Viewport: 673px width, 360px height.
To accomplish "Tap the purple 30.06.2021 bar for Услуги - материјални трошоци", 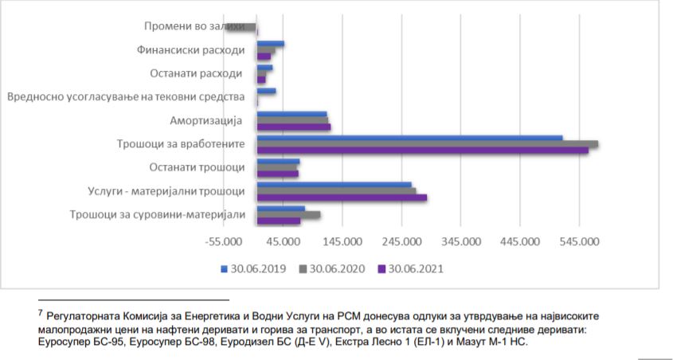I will click(342, 197).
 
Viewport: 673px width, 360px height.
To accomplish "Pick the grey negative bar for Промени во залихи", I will click(241, 27).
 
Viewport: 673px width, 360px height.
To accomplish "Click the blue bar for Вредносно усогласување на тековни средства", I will click(266, 91).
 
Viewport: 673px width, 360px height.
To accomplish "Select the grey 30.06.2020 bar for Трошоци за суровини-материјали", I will click(288, 215).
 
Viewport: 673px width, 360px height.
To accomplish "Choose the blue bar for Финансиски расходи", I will click(270, 44).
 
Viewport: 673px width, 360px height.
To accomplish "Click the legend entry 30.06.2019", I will click(255, 268).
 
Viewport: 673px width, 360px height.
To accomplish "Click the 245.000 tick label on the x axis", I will click(401, 242).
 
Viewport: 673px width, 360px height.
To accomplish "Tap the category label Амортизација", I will click(205, 120).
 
